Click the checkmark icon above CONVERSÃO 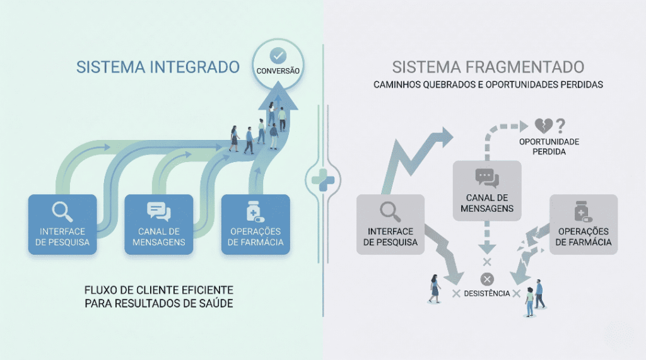278,56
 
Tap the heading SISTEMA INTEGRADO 158,67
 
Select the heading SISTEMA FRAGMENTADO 488,67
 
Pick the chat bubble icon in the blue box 158,211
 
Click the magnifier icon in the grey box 388,211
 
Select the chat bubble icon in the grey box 487,178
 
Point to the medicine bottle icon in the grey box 582,211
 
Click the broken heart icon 544,125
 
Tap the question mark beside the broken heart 560,125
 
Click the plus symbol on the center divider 323,178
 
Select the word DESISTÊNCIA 486,294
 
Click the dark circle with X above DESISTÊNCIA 487,279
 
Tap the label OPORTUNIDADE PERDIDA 549,147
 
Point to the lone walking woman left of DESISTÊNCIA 435,289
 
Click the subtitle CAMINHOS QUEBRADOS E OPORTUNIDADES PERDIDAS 488,84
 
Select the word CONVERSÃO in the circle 278,71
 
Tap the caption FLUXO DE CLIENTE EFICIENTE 158,291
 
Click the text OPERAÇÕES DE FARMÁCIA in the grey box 584,237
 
